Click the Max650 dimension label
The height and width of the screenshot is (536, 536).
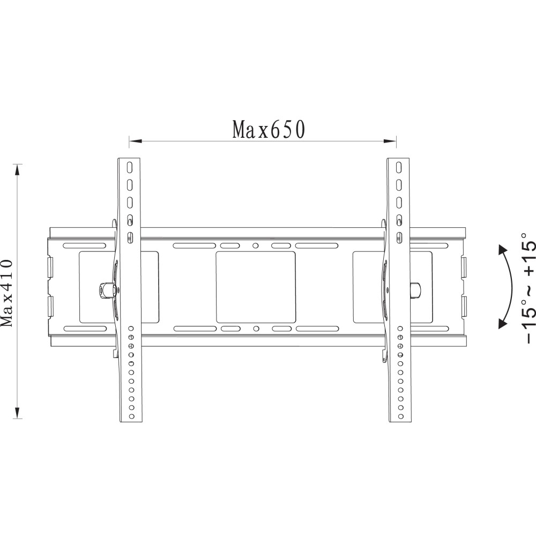[269, 129]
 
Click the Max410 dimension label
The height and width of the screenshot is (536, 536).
[7, 293]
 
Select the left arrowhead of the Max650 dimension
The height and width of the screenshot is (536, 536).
[136, 141]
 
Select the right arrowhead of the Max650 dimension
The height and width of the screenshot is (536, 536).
[390, 141]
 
